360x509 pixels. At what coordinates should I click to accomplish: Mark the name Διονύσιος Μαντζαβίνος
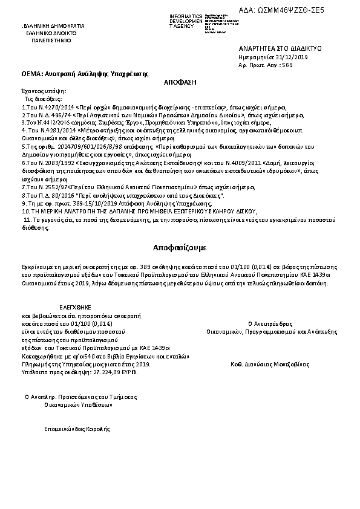coord(279,365)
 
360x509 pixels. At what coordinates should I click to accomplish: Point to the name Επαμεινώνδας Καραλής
coord(77,429)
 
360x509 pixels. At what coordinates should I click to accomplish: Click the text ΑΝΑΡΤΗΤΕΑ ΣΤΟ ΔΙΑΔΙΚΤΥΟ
coord(272,47)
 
